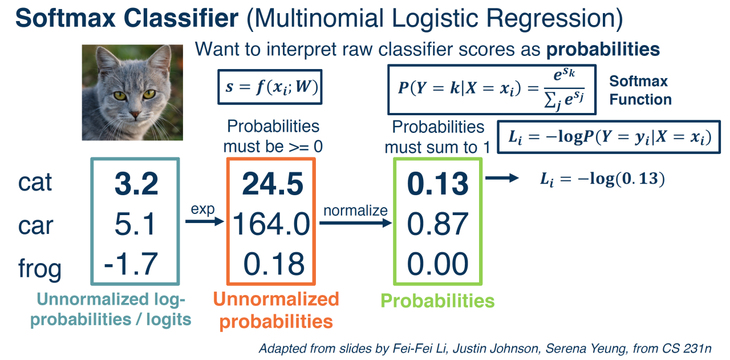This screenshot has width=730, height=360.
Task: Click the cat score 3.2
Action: click(x=136, y=184)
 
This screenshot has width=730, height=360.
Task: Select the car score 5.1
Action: click(x=135, y=224)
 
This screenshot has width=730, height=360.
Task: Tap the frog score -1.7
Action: click(x=131, y=264)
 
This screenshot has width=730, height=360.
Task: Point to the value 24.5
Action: click(x=273, y=184)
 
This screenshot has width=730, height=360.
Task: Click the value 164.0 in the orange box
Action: click(x=271, y=224)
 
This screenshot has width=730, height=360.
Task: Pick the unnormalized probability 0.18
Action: click(x=274, y=264)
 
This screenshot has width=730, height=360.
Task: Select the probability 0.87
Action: click(x=437, y=224)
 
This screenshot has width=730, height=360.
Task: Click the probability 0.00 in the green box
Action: click(x=437, y=264)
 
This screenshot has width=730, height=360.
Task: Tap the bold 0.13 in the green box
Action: click(x=437, y=184)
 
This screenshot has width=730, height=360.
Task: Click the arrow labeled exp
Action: click(x=205, y=222)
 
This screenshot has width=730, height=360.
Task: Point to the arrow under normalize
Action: click(x=355, y=223)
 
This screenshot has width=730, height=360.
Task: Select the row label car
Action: click(x=35, y=226)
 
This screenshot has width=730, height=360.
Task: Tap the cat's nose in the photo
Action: click(x=135, y=115)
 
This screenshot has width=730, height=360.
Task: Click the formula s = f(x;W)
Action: click(x=270, y=87)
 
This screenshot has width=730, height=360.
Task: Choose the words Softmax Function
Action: click(x=640, y=90)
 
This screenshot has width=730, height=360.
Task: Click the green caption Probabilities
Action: click(x=437, y=301)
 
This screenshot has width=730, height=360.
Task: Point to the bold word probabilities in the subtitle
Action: click(x=603, y=50)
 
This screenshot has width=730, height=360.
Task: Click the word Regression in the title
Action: click(x=554, y=19)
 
